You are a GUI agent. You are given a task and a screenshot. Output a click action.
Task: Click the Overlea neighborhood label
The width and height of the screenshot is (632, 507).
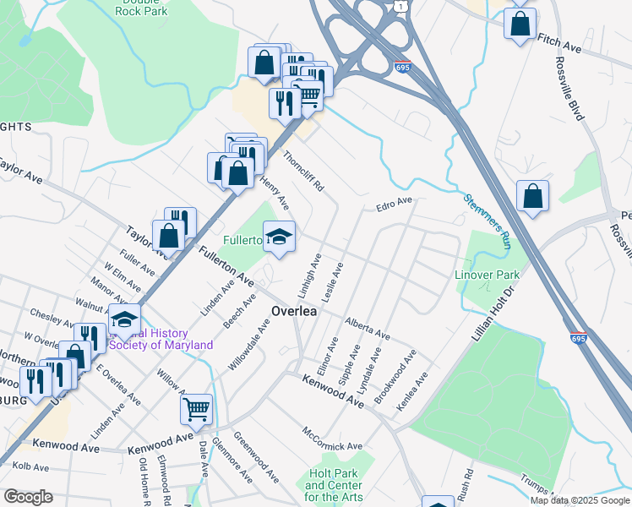click(x=293, y=312)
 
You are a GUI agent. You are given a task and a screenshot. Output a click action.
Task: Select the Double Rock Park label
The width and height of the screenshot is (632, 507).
click(x=140, y=8)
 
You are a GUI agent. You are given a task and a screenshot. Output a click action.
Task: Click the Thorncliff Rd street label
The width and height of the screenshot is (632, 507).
click(x=303, y=170)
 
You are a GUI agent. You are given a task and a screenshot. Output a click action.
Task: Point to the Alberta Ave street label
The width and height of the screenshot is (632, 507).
click(x=367, y=328)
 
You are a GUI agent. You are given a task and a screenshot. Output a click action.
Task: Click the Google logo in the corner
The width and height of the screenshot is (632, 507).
click(x=29, y=497)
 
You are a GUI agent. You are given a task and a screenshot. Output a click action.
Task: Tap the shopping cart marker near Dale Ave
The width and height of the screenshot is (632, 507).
click(x=196, y=410)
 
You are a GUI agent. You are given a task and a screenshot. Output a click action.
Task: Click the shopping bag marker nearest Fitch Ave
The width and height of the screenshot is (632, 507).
click(x=520, y=23)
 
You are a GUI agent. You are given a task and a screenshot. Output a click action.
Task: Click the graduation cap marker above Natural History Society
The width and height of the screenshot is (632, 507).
click(x=124, y=319)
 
